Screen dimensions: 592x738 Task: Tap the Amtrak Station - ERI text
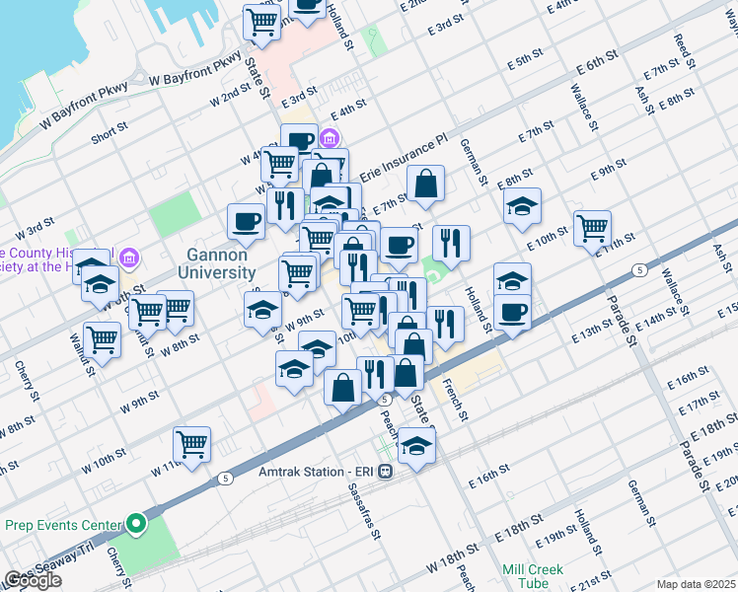tap(318, 472)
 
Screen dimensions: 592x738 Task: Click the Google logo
tap(33, 579)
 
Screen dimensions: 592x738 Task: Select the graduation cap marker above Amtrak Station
tap(417, 446)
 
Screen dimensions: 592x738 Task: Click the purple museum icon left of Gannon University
tap(127, 259)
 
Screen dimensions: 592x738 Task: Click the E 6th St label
tap(596, 66)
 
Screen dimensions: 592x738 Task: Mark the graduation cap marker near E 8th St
tap(522, 206)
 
